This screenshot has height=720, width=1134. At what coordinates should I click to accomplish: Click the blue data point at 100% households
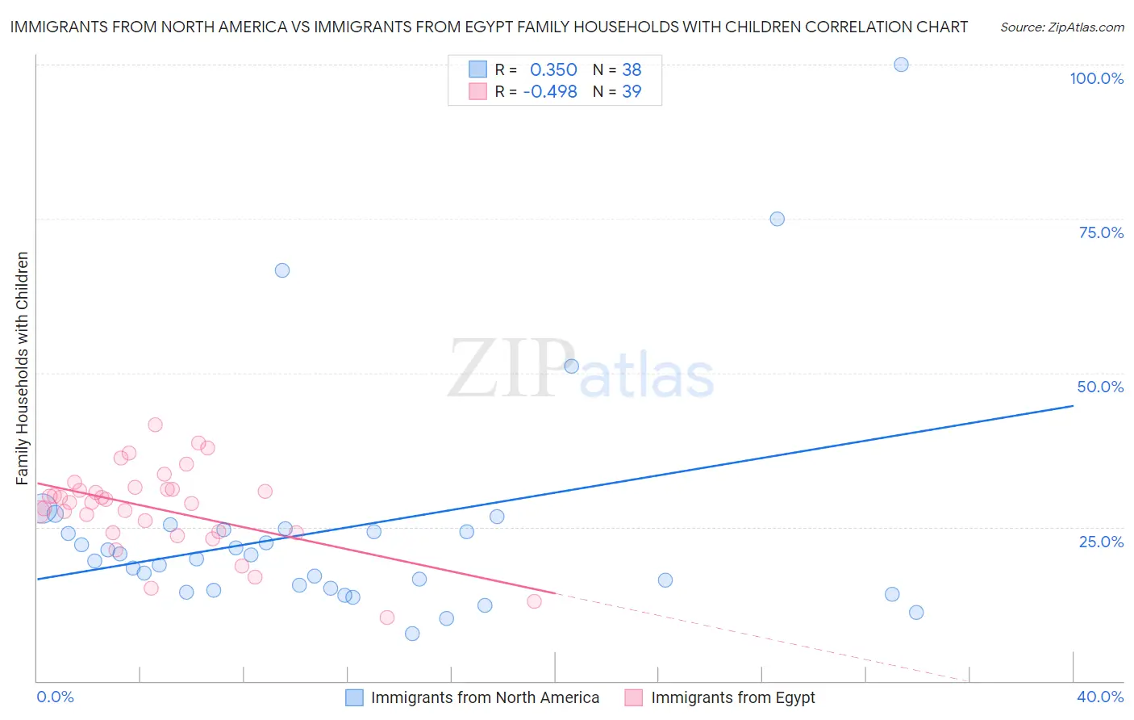901,65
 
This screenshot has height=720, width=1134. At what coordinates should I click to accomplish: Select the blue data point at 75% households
777,219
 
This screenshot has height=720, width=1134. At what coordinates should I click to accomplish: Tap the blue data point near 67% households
282,270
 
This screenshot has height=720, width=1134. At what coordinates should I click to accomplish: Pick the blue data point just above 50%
571,366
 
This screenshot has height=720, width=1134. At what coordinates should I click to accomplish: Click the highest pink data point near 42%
155,425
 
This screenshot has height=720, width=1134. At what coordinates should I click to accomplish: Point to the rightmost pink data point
534,601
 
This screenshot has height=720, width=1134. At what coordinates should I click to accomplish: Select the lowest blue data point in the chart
412,634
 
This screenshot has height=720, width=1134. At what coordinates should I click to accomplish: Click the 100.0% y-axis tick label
1096,78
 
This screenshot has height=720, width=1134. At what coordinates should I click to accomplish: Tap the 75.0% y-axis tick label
1101,232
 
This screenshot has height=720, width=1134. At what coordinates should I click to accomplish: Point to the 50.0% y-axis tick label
1100,387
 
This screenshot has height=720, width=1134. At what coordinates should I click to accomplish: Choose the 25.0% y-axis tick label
1101,542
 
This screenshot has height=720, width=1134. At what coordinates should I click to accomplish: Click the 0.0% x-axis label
56,697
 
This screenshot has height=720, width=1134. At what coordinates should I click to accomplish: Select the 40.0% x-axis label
1100,697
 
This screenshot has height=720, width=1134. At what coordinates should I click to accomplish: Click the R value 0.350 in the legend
553,70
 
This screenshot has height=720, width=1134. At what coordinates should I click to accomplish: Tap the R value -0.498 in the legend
550,92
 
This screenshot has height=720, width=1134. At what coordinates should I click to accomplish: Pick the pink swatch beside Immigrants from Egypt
634,697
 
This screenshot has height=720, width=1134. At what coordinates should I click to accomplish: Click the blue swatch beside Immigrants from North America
354,697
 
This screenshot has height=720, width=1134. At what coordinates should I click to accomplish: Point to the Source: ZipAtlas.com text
1061,27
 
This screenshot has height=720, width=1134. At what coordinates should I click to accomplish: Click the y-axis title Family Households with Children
23,368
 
